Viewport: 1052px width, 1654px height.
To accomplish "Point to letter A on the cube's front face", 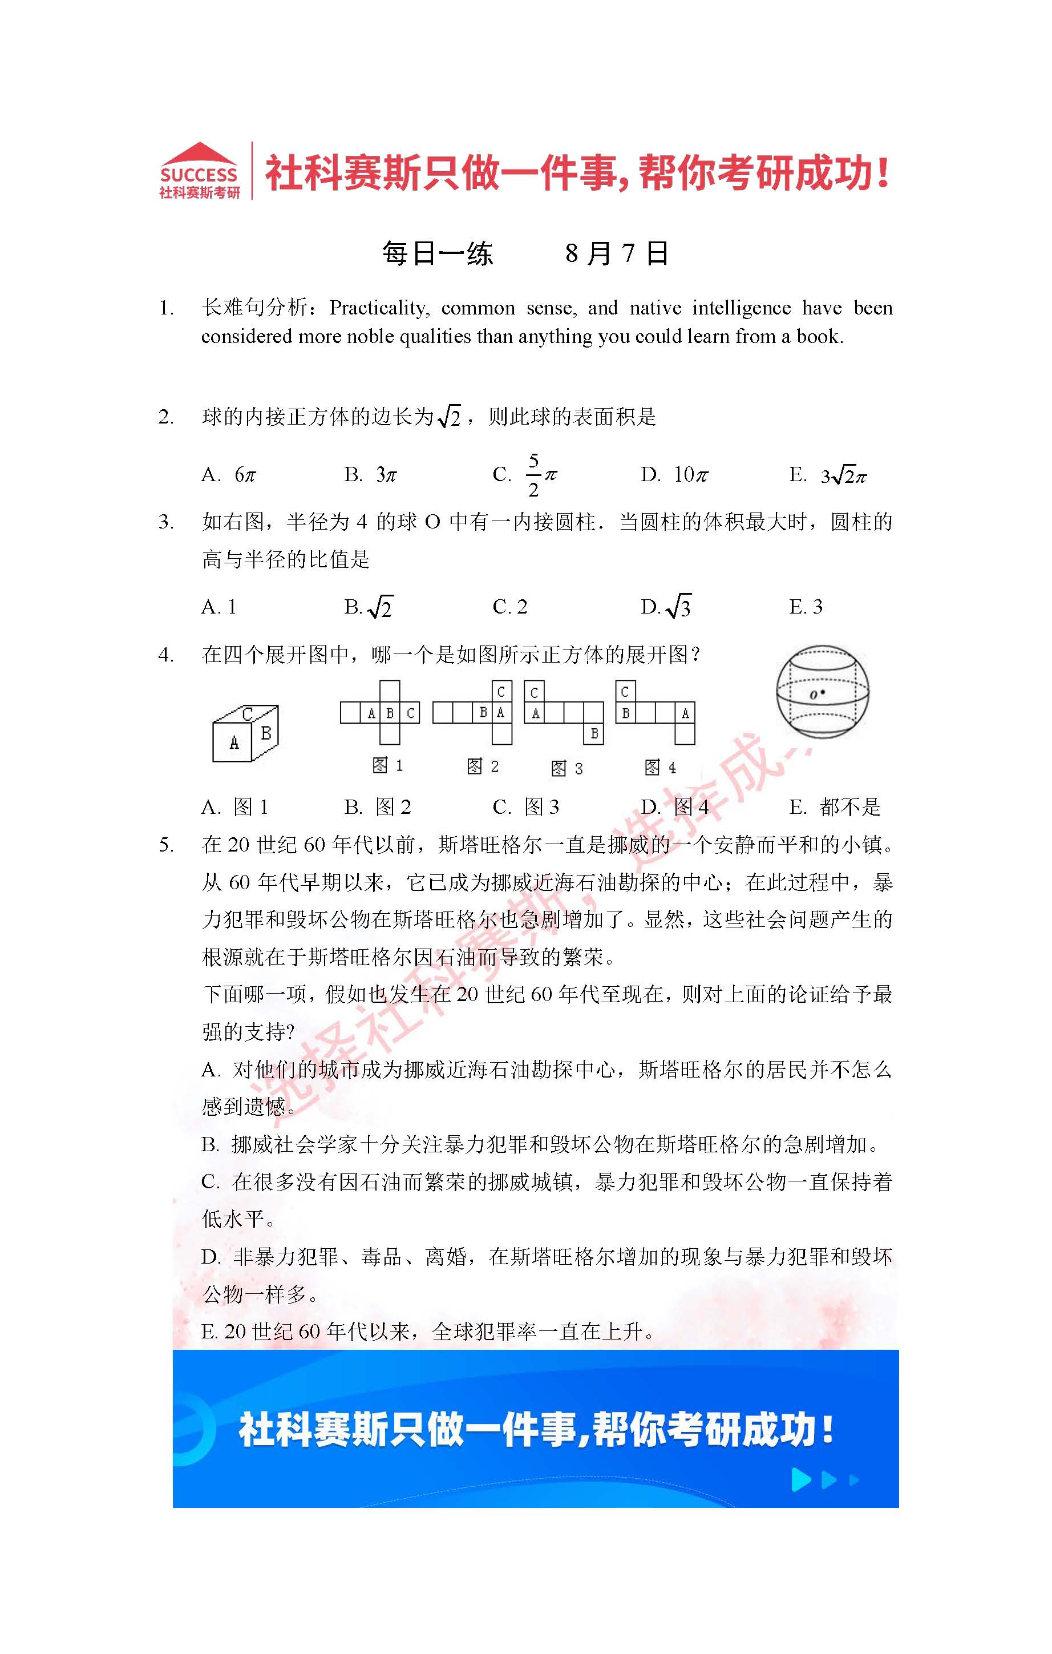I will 234,743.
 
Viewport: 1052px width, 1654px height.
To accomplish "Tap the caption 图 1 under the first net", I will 387,765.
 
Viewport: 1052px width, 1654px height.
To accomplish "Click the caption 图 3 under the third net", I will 567,768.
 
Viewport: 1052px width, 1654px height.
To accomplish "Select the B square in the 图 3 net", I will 594,733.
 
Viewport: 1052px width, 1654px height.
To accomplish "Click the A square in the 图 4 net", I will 685,713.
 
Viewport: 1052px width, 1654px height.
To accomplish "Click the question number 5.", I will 165,844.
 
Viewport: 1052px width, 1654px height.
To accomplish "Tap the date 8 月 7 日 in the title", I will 616,253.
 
